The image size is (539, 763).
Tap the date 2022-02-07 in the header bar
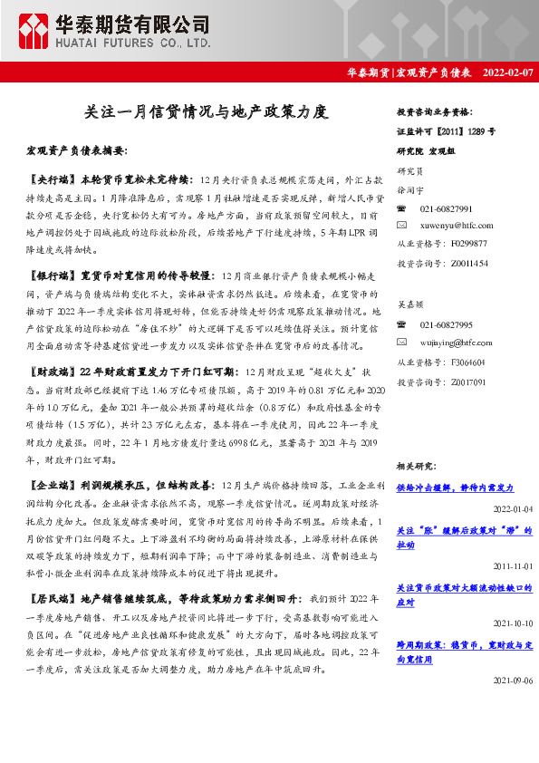(x=508, y=72)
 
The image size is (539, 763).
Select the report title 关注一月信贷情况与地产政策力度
(x=206, y=112)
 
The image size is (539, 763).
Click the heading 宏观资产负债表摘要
(x=77, y=150)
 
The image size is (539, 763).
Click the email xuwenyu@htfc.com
(x=457, y=225)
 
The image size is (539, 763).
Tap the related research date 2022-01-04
(x=512, y=509)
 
